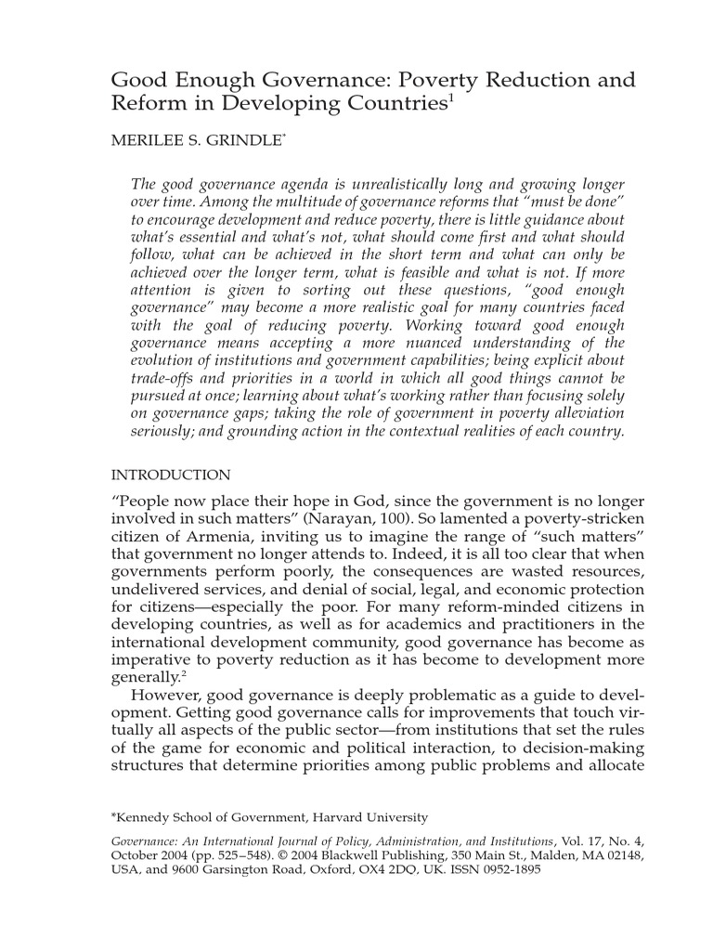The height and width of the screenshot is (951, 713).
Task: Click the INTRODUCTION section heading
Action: (x=171, y=475)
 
